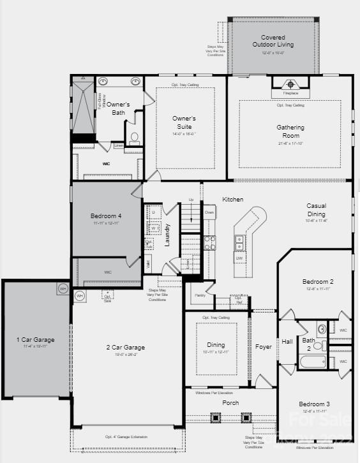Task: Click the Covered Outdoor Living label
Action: [x=273, y=41]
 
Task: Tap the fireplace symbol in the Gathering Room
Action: [x=291, y=84]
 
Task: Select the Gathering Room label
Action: [x=290, y=131]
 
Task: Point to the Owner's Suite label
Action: [x=184, y=122]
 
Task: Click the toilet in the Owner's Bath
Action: [x=135, y=137]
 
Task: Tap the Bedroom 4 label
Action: [x=106, y=217]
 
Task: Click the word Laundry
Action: [x=168, y=235]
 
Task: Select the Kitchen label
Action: [x=232, y=200]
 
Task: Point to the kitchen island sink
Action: [x=239, y=243]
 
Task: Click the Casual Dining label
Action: [x=316, y=210]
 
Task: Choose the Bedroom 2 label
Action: [x=318, y=282]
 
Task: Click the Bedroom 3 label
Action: [x=315, y=404]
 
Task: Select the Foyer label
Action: [x=264, y=347]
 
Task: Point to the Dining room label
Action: [x=215, y=344]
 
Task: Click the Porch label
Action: [x=230, y=403]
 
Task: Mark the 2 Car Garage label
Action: [x=125, y=348]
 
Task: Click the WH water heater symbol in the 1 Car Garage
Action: [x=63, y=288]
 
